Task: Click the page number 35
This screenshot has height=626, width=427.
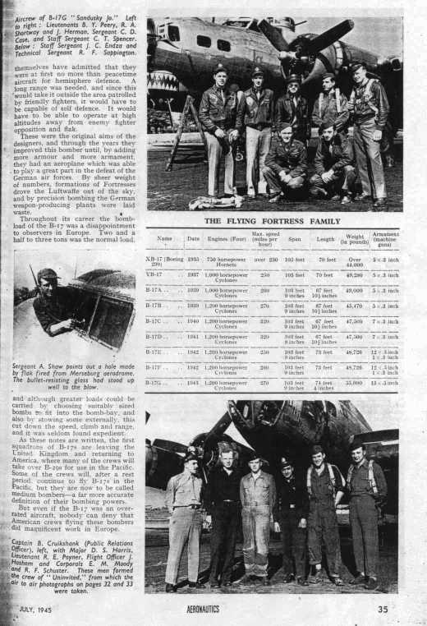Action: [x=383, y=610]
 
